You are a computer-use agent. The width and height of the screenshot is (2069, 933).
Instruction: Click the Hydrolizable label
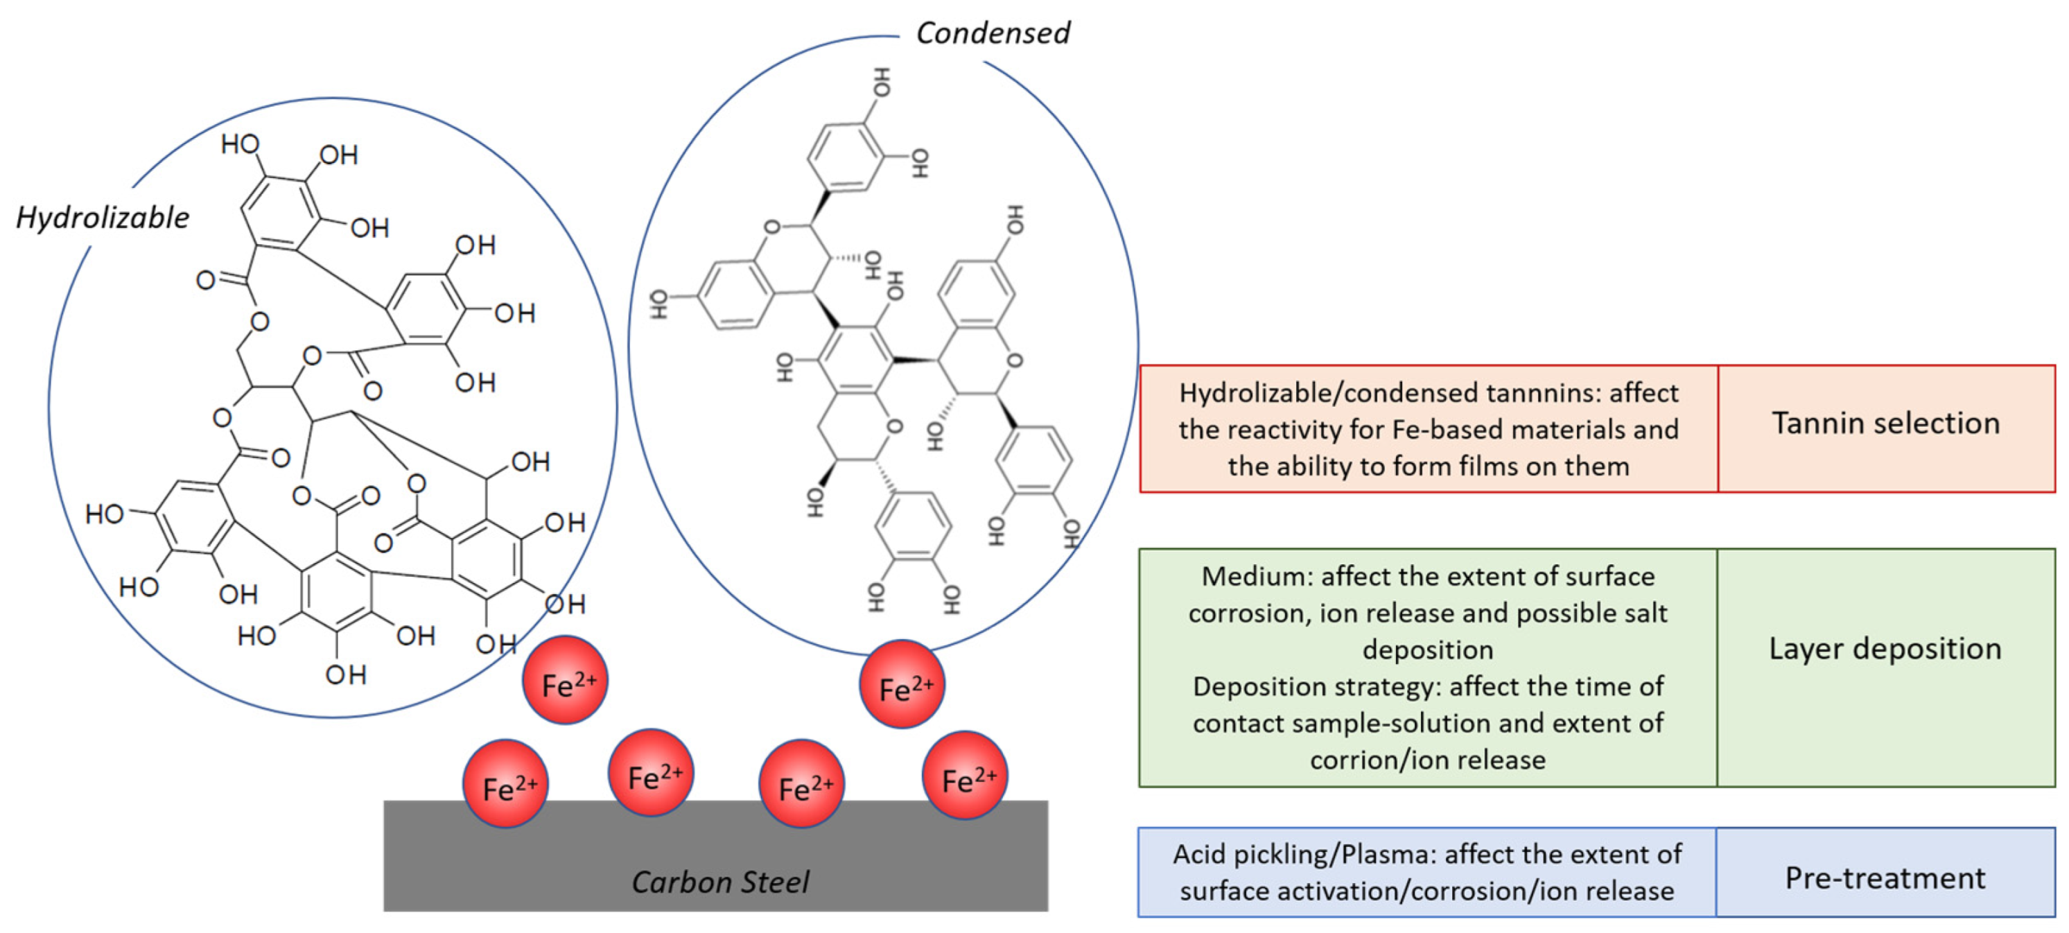103,218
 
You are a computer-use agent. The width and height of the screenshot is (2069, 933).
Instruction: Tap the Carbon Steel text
720,882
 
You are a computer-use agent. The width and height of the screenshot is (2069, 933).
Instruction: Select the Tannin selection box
1885,423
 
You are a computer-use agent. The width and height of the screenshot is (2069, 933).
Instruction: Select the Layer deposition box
1885,649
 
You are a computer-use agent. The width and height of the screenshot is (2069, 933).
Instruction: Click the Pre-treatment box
1885,878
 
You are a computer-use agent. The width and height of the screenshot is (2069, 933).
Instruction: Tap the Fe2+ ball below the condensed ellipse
902,684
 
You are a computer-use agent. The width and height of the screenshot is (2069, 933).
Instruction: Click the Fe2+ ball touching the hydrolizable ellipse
566,680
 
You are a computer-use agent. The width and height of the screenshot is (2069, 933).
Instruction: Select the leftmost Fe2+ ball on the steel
506,785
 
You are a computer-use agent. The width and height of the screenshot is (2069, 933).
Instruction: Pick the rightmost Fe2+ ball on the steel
965,776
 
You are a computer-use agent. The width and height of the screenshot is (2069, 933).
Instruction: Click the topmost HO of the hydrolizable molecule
240,145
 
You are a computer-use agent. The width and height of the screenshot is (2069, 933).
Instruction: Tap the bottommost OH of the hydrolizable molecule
345,674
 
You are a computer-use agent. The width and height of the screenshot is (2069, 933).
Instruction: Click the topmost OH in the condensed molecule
881,82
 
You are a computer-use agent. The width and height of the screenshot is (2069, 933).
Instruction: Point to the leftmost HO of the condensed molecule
658,304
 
